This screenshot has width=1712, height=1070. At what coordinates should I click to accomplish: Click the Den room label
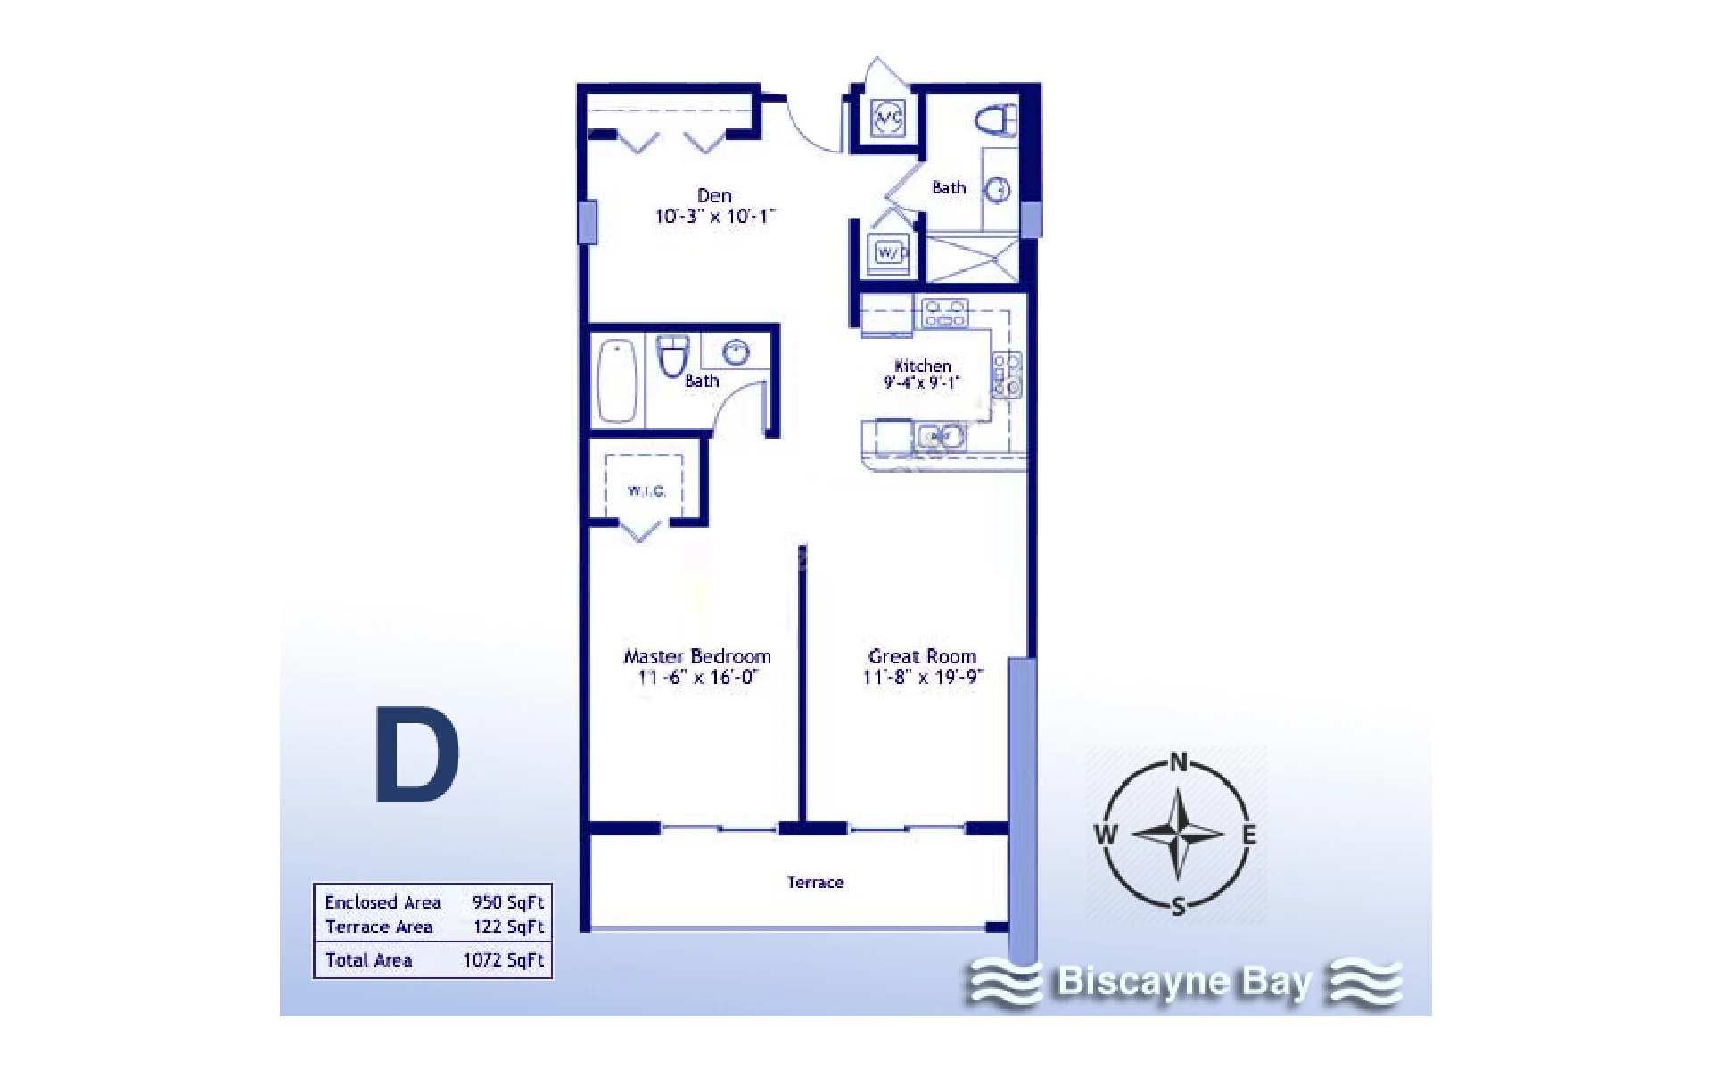click(x=714, y=195)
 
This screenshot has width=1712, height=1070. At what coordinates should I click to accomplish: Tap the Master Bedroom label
click(x=697, y=657)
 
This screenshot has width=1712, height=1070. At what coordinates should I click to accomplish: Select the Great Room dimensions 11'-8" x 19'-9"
click(x=923, y=677)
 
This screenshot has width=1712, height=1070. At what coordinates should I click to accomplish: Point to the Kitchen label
click(x=923, y=366)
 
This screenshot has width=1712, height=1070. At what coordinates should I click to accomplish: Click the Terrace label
click(x=815, y=882)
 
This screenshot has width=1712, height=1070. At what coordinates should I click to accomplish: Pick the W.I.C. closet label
click(x=646, y=491)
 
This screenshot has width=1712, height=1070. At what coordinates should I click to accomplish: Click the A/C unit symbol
click(x=888, y=117)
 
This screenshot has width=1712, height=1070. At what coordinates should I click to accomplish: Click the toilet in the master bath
click(x=673, y=355)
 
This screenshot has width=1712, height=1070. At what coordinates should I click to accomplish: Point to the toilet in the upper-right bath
click(x=996, y=119)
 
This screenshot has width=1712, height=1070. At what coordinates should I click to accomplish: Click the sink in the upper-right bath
click(x=998, y=189)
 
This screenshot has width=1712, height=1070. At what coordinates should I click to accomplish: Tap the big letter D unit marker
click(x=416, y=755)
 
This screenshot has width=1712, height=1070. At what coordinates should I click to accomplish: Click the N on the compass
click(x=1179, y=762)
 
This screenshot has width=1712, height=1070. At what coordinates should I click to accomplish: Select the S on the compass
click(x=1179, y=907)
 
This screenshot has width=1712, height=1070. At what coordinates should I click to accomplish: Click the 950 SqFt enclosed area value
click(x=507, y=902)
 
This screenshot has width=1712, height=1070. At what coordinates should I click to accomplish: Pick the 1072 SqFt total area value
click(x=503, y=960)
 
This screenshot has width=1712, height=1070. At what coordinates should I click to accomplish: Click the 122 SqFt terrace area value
click(x=508, y=926)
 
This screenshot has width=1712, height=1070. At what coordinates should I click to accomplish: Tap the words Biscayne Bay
click(x=1184, y=982)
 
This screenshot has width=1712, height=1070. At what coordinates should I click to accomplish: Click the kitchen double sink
click(x=941, y=437)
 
